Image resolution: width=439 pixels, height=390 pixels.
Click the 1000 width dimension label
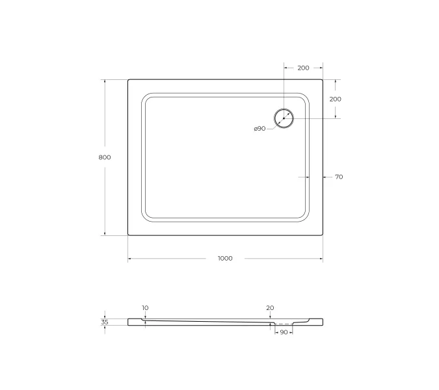(224, 259)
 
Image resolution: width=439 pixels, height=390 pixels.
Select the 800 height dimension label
(105, 157)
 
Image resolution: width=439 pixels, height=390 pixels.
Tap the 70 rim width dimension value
(339, 177)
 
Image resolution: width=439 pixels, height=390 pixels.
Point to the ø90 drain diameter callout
(259, 129)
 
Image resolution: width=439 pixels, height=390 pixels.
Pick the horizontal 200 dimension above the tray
(303, 68)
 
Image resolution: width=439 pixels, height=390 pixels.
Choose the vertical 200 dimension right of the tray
(336, 99)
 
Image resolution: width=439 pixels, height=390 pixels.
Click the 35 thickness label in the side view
(105, 321)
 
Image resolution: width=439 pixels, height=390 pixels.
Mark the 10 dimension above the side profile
(144, 307)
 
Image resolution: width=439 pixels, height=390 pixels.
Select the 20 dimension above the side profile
(270, 307)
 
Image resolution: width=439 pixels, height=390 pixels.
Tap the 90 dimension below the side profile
(284, 332)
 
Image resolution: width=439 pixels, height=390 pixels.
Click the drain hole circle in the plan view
(284, 118)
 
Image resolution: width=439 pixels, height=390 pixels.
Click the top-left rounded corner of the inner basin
(146, 98)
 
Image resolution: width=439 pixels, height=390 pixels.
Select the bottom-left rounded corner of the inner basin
(146, 216)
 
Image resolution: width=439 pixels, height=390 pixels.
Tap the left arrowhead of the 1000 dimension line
(129, 259)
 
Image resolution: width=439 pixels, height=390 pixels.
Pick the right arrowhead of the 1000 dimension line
(321, 259)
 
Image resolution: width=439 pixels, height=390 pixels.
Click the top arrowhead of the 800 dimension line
(105, 81)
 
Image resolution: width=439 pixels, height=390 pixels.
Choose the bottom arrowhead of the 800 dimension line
(105, 233)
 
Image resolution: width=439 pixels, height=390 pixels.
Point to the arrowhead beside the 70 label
(325, 177)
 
